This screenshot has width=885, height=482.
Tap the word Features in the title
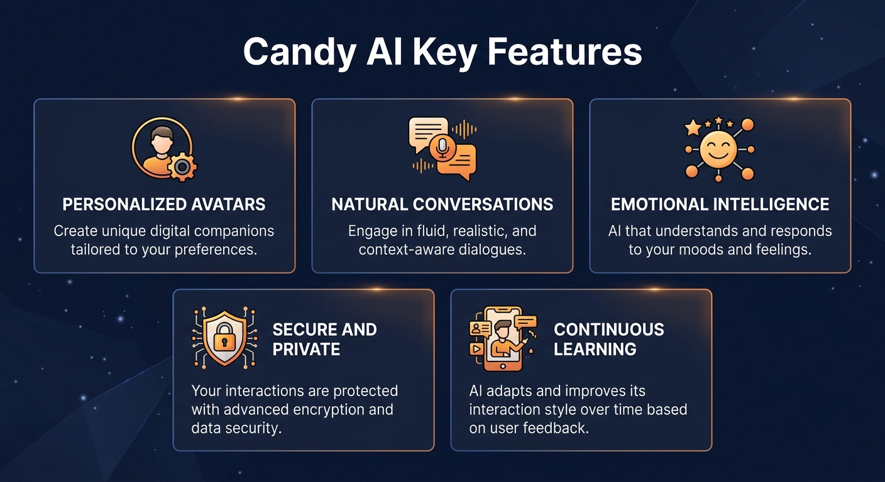coord(564,51)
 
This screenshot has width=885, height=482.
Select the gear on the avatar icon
coord(182,167)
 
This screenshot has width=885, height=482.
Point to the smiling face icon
coord(718,150)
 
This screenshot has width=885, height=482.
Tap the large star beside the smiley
coord(693,128)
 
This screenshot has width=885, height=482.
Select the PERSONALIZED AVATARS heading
coord(164,205)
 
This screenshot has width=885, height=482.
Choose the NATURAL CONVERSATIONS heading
coord(442,205)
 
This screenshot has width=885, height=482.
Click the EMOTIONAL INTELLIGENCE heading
coord(720,205)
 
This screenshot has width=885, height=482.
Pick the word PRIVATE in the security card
coord(306,349)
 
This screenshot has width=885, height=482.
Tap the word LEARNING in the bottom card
coord(595,349)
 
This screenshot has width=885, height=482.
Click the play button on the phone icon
coord(476,349)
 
